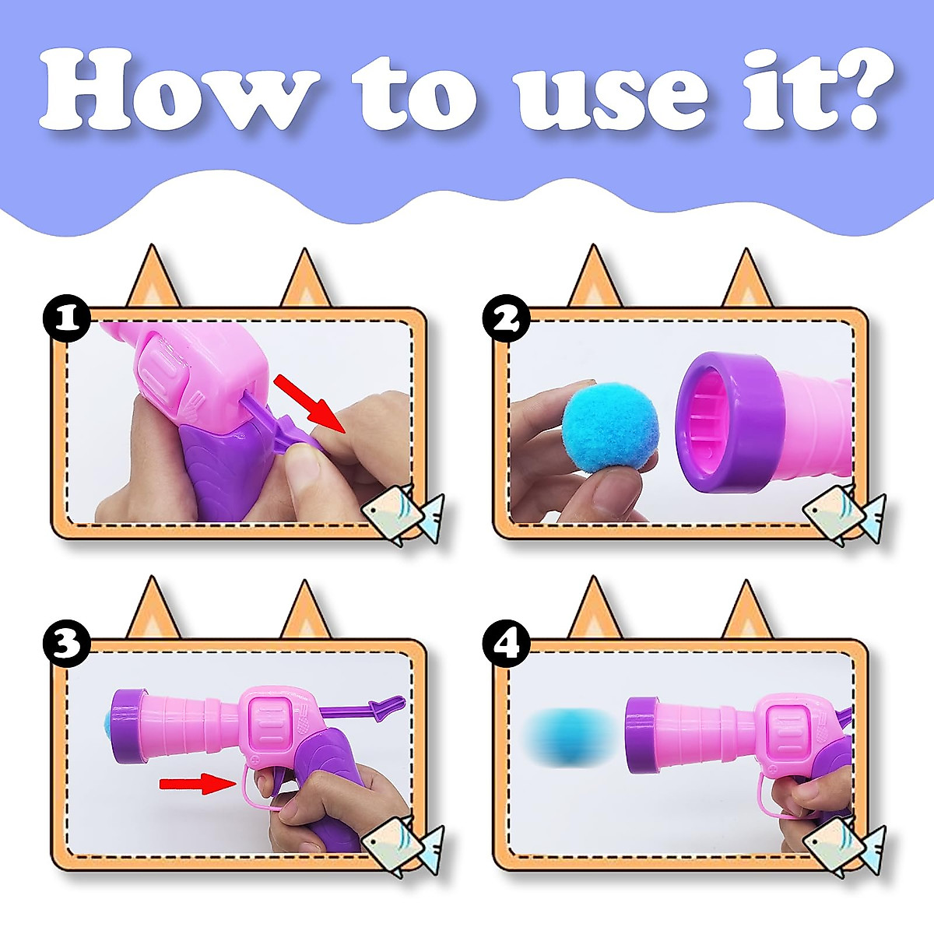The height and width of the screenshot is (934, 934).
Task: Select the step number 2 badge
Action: pos(507,319)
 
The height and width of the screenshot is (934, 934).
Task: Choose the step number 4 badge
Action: pos(507,646)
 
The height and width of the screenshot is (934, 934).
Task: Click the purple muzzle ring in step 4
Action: pos(644,740)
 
